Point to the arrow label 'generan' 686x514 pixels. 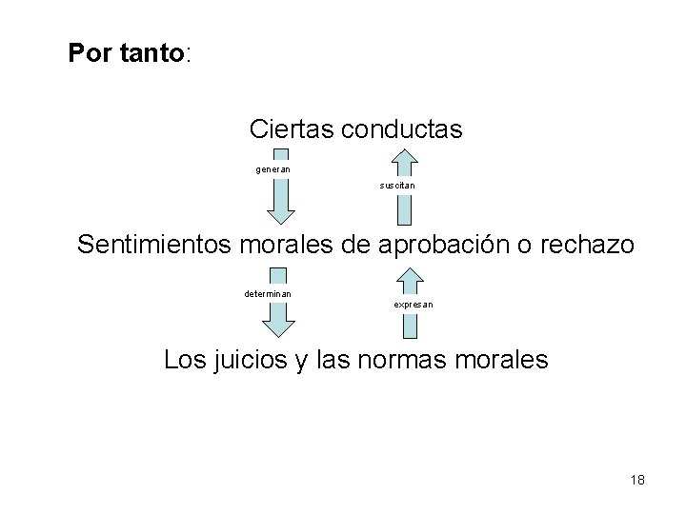(x=273, y=169)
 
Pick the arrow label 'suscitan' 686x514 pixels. (x=396, y=186)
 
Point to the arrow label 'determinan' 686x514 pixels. (x=268, y=293)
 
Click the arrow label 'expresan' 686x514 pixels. (x=413, y=305)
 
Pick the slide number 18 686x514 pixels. (x=636, y=480)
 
